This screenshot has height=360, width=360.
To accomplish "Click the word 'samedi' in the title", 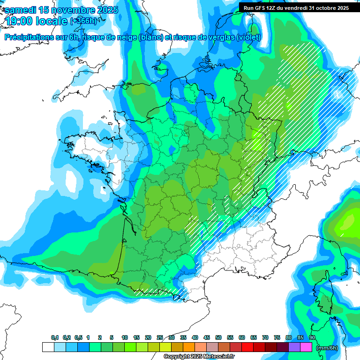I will click(20, 10).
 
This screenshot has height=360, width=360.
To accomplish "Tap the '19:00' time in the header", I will click(19, 21).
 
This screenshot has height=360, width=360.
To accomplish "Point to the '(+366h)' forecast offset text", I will click(83, 21).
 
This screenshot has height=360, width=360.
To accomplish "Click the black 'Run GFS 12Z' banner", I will click(296, 7).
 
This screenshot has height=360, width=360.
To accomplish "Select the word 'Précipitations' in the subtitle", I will click(32, 37).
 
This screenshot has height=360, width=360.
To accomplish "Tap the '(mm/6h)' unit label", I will click(327, 347).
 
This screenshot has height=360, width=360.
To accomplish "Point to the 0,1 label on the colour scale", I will click(55, 338).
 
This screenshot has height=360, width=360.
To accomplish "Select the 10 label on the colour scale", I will click(125, 338).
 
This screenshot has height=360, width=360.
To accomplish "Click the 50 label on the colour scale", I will click(218, 338).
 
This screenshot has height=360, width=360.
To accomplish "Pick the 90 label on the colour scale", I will click(312, 338).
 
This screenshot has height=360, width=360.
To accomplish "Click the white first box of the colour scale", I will click(48, 347).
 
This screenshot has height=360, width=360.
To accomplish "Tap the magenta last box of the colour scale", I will click(306, 347).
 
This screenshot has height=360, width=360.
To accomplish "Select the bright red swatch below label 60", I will click(247, 347).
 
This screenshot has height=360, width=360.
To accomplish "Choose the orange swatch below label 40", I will click(189, 347).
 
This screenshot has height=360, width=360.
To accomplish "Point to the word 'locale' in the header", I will click(52, 21).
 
